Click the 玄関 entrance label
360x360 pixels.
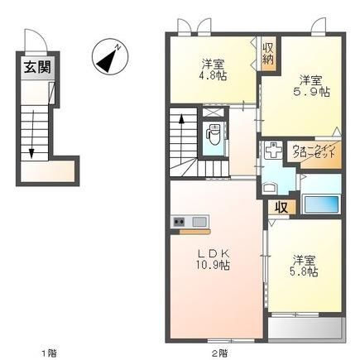coord(37,67)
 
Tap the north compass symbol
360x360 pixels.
coord(110,56)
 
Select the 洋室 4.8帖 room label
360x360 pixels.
coord(214,70)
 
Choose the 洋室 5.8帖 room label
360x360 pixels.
coord(304,266)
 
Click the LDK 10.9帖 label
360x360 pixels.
coord(213,259)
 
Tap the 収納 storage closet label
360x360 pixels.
coord(267,54)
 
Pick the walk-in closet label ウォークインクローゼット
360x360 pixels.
coord(314,151)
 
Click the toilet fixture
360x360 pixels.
coord(214,134)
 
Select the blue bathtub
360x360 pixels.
coord(321,204)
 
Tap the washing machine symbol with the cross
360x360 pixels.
coord(273,151)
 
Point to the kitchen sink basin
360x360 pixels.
coord(199,222)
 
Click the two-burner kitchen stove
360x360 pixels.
coord(179,221)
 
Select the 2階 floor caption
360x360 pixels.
coord(220,353)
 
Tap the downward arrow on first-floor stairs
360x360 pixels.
coord(31,134)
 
